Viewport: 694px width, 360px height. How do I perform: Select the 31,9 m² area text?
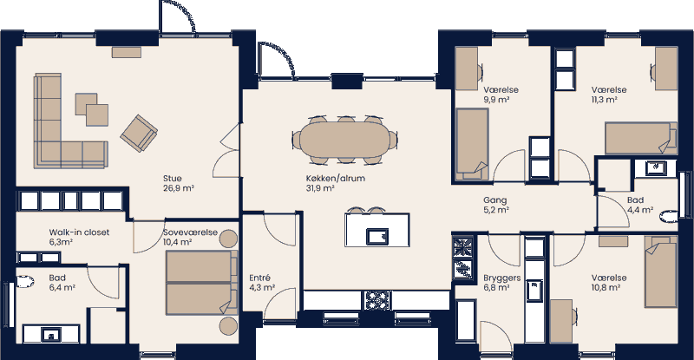point(319,187)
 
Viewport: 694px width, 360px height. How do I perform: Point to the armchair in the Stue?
point(140,132)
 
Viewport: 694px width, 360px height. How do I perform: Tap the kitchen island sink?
point(376,236)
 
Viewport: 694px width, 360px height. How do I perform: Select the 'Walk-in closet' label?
point(78,232)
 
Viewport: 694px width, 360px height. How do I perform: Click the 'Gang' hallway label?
point(494,200)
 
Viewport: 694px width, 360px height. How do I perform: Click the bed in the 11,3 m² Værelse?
point(640,138)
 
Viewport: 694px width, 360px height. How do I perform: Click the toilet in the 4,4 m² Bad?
point(668,216)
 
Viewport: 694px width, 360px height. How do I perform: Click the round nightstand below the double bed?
point(228,325)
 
